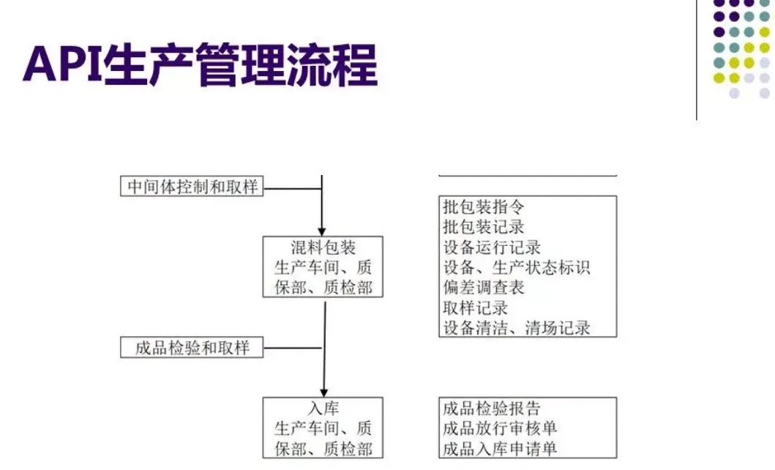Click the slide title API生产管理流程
click(x=200, y=65)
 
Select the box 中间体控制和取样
click(x=192, y=187)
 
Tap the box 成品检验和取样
click(x=192, y=348)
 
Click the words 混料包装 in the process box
click(x=323, y=247)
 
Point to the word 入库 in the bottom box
click(x=323, y=409)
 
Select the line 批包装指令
click(x=484, y=207)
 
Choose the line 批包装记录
click(x=484, y=227)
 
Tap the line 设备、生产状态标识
click(x=516, y=267)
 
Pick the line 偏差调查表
click(x=484, y=288)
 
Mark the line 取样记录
click(x=476, y=307)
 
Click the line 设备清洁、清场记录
click(x=516, y=327)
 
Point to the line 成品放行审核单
click(x=500, y=428)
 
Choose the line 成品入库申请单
click(x=500, y=448)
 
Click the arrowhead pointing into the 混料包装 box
click(x=322, y=230)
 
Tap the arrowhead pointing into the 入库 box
click(x=322, y=392)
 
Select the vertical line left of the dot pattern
click(x=696, y=59)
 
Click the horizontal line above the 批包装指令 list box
click(x=528, y=176)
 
